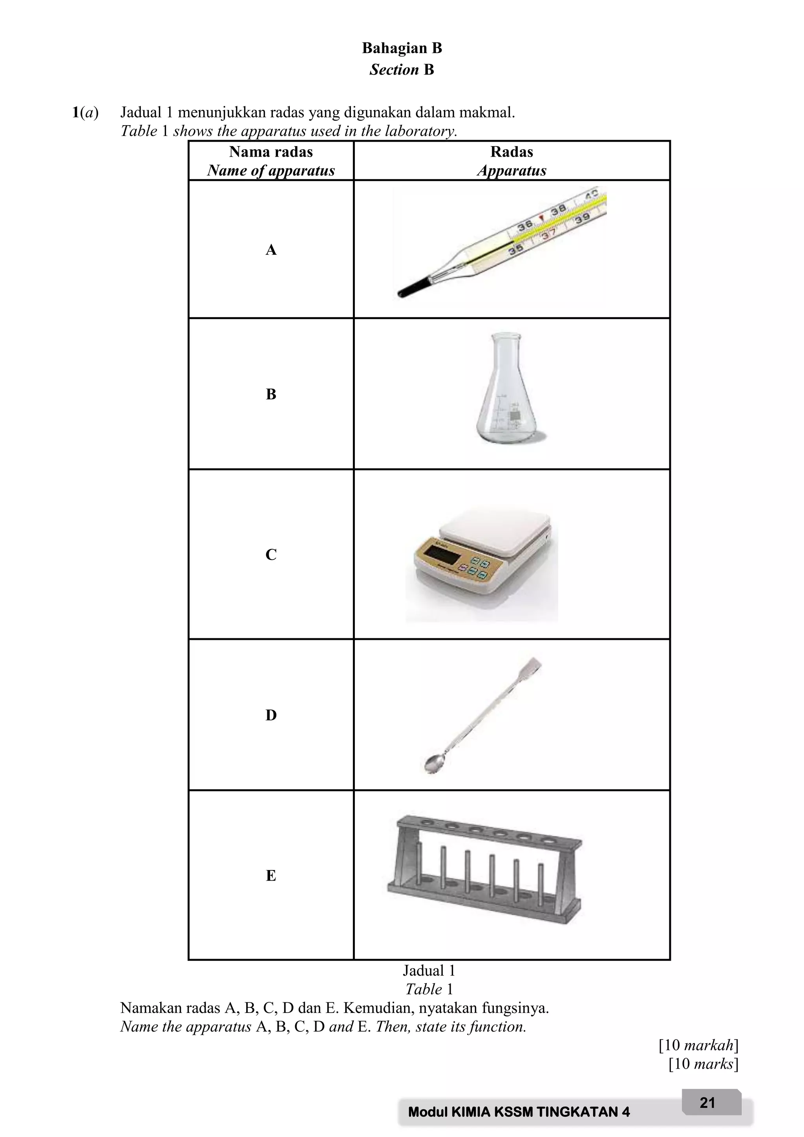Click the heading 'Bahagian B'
402,48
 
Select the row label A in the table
271,250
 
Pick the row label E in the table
271,875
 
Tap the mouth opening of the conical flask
505,336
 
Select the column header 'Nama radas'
271,152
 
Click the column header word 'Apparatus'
512,170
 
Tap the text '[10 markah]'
698,1045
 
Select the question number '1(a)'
85,112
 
